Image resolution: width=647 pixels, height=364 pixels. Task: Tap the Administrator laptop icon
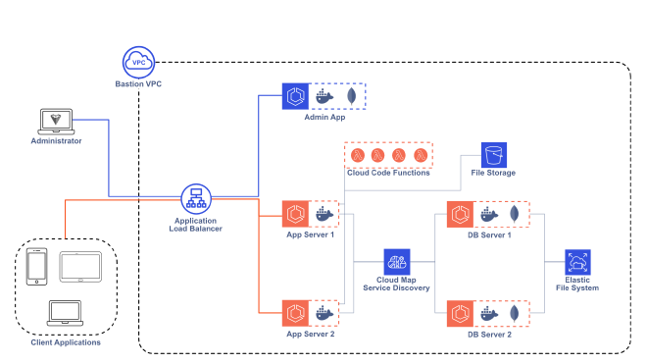54,120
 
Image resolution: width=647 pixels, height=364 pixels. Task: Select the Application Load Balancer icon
192,199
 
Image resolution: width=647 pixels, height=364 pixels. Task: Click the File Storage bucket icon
493,154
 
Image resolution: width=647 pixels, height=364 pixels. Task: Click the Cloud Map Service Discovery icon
397,262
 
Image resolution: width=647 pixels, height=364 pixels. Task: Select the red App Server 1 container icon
295,214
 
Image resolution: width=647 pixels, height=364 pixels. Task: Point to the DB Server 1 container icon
459,214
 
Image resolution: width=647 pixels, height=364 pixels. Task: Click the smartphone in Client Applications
37,268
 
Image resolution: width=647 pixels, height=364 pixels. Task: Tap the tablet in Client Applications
78,266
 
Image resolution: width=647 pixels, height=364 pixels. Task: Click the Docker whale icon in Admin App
324,96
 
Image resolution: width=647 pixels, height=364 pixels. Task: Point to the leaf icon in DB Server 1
515,214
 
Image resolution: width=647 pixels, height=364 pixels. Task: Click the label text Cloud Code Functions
389,174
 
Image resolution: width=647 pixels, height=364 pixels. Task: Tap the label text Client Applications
65,342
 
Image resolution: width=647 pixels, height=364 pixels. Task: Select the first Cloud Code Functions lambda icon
358,155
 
